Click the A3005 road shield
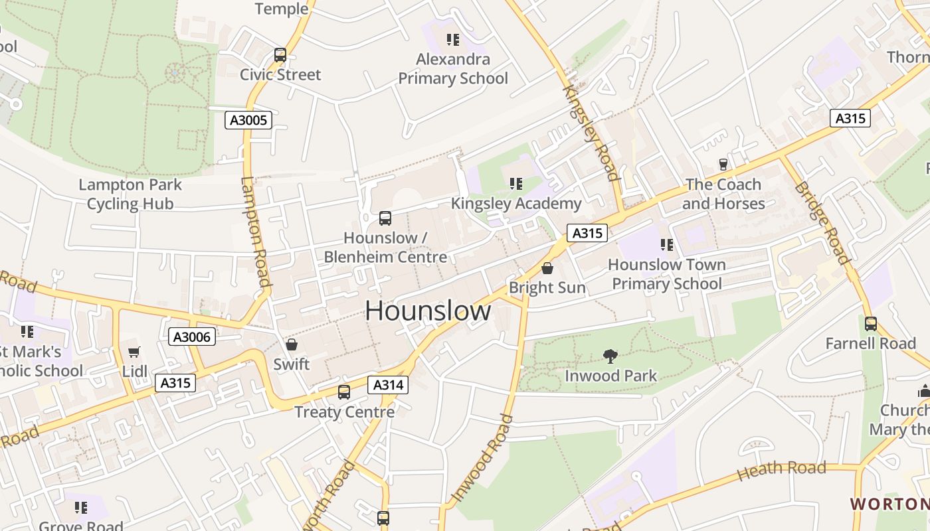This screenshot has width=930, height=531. [248, 120]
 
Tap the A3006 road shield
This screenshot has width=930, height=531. [191, 337]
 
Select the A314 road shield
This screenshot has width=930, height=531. [388, 385]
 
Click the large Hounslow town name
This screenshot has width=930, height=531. [428, 311]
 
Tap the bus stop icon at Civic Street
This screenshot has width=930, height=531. [280, 55]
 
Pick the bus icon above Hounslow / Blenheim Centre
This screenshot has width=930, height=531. [385, 218]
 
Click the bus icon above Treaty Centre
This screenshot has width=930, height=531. [343, 392]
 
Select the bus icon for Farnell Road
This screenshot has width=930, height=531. [870, 324]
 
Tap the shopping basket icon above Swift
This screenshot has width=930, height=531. [291, 344]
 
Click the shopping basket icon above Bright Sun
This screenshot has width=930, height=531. [547, 268]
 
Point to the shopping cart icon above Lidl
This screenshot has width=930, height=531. [134, 352]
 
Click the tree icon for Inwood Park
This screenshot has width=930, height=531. [610, 356]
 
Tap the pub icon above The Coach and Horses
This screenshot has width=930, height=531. [723, 164]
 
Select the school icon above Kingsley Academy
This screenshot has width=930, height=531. [515, 183]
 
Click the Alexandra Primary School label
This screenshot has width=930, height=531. [453, 69]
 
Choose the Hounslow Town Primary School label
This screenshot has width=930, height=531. [666, 274]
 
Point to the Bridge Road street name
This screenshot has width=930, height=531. [821, 222]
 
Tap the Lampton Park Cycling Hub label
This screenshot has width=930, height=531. [130, 194]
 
